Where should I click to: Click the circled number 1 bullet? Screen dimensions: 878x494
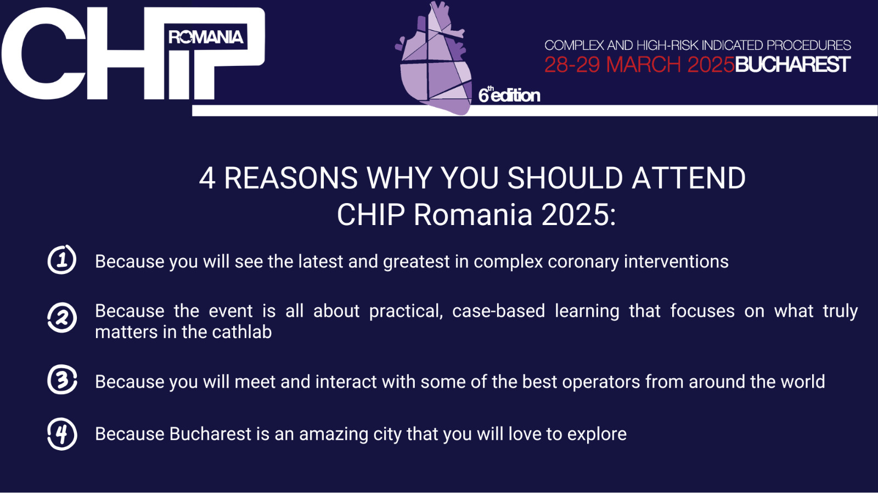[x=62, y=260]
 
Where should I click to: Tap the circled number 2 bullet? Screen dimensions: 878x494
[x=62, y=318]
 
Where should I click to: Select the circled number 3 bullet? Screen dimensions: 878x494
[x=62, y=379]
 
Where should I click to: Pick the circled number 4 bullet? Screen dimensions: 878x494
[x=62, y=434]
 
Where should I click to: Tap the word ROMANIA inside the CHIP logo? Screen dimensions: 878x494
[x=206, y=37]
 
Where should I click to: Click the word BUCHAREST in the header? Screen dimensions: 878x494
[x=792, y=65]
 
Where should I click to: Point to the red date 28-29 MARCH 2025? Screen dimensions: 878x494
[x=639, y=65]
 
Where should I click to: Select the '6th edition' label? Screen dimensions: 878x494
[x=509, y=95]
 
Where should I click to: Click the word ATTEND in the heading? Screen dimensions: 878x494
[x=689, y=178]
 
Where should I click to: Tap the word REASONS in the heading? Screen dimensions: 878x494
[x=290, y=178]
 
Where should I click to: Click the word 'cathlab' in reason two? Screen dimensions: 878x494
[x=242, y=332]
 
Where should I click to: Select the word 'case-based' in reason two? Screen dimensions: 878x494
[x=499, y=311]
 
